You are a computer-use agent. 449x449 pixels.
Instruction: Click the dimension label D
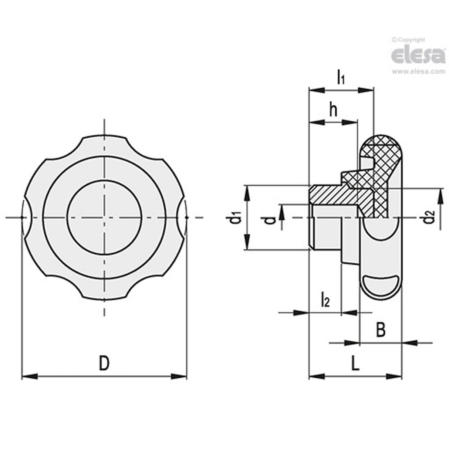tap(104, 364)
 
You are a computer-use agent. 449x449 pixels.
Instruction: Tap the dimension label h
tap(333, 111)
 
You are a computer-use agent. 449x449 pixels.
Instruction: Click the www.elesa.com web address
tap(418, 71)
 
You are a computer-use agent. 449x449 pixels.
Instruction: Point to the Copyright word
tap(410, 39)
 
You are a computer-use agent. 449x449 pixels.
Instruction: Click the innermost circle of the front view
tap(105, 217)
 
